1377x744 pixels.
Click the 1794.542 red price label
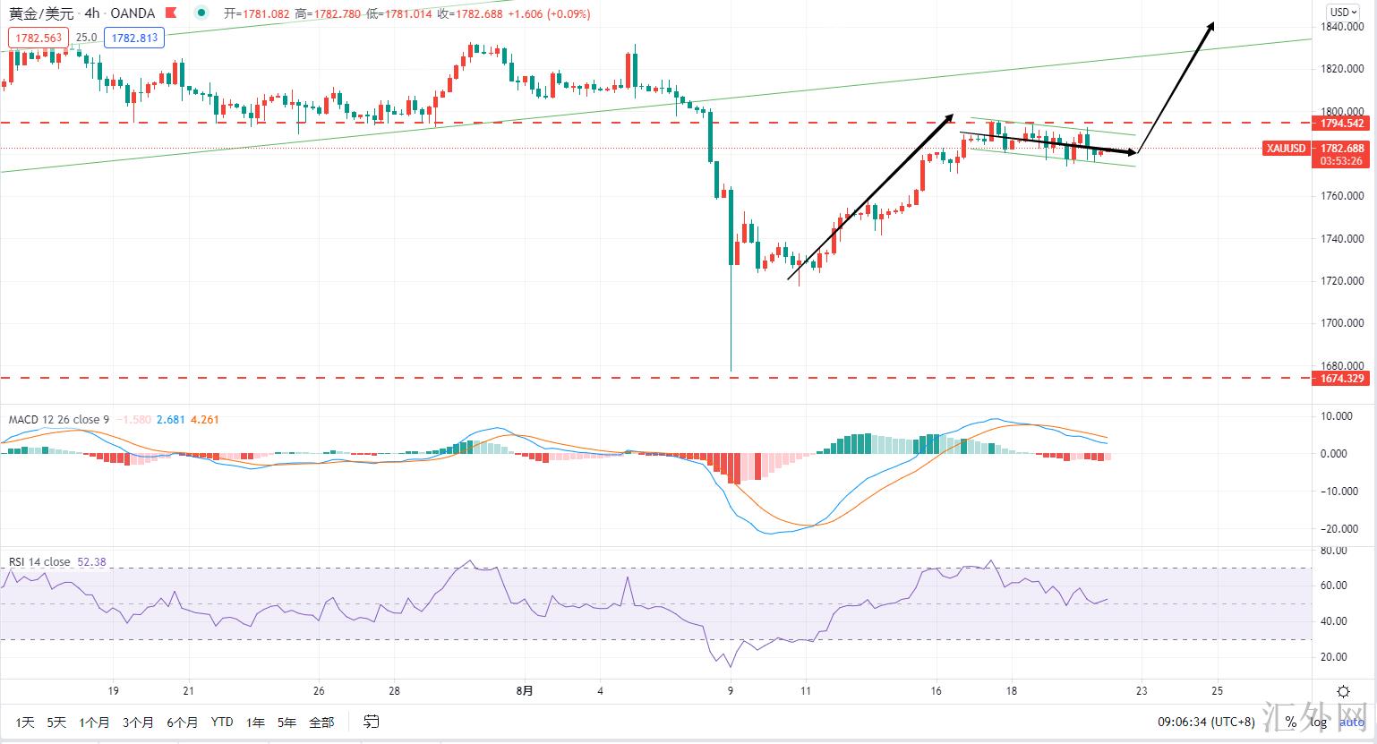pos(1342,124)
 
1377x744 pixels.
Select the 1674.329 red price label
pos(1342,379)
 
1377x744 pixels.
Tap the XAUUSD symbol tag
pos(1286,149)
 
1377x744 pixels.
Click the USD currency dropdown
pos(1342,12)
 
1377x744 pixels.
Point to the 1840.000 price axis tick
pos(1342,27)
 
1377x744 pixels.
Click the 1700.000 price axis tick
pos(1342,323)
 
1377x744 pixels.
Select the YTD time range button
pos(222,722)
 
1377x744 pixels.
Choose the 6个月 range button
pos(182,722)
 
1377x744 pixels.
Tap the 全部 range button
pos(321,722)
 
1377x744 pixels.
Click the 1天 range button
pos(25,722)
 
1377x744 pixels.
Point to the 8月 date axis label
pos(526,691)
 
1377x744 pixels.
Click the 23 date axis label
pos(1141,691)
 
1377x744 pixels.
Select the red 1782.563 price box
pos(38,38)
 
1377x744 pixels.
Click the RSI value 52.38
pos(92,562)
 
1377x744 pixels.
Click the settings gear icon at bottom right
pos(1343,691)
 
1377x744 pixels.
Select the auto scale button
pos(1352,722)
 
